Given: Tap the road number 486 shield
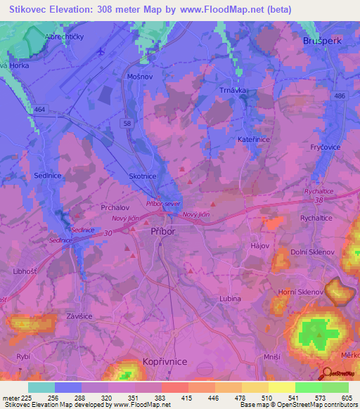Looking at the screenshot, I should [341, 96].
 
